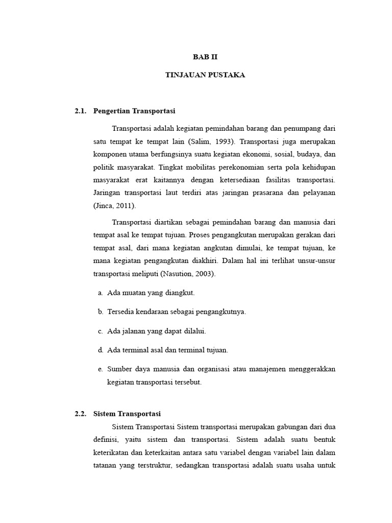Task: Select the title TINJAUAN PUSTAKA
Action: tap(205, 75)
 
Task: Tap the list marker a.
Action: tap(101, 293)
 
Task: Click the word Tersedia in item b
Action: tap(119, 312)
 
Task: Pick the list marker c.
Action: tap(101, 331)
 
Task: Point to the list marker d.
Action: tap(101, 350)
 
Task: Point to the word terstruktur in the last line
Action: tap(154, 466)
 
